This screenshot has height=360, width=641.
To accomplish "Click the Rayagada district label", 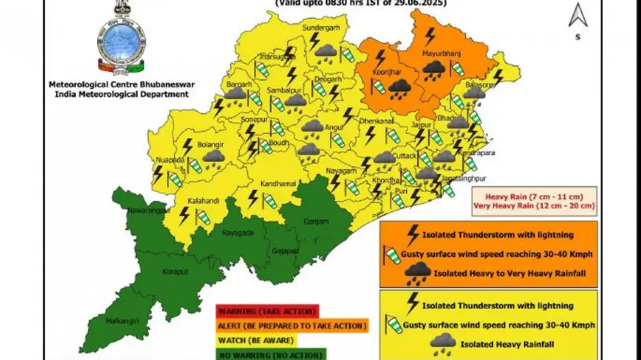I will coord(238,233).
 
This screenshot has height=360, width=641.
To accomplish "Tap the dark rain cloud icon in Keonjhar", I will coord(399,87).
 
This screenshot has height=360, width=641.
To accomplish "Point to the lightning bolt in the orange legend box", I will coord(412,234).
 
